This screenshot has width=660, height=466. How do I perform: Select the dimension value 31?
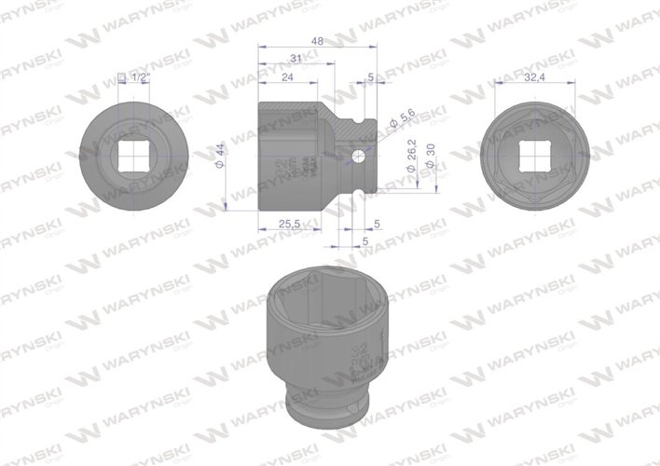coord(296,59)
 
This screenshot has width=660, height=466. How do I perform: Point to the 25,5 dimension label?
coord(290,225)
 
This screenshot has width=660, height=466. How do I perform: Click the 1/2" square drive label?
coord(141,78)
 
